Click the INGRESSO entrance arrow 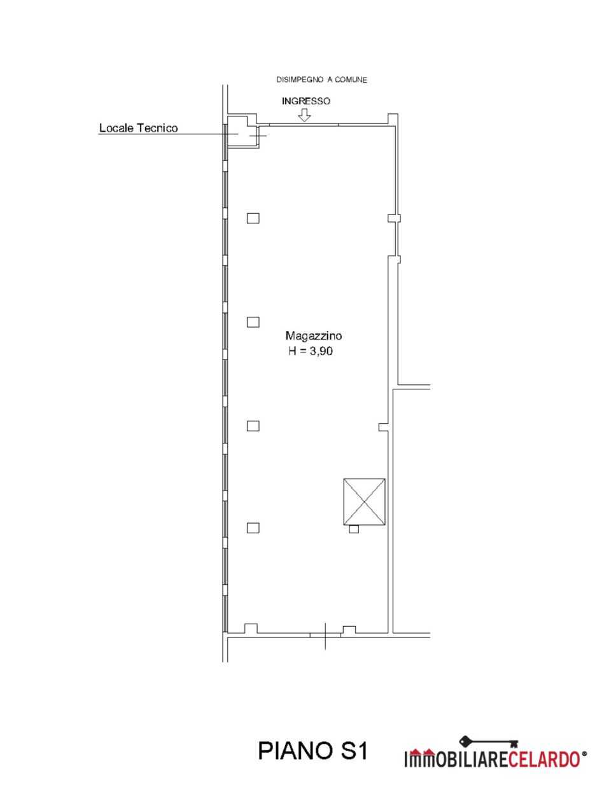tap(304, 115)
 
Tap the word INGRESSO tap(306, 101)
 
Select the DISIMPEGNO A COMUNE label tap(322, 80)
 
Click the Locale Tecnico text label tap(138, 128)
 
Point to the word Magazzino tap(314, 336)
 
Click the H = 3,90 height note tap(311, 351)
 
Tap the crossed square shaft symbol tap(364, 502)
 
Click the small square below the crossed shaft tap(354, 529)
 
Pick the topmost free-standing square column tap(253, 218)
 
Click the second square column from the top tap(253, 322)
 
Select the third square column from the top tap(253, 426)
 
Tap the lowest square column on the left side tap(253, 528)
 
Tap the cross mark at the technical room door tap(258, 136)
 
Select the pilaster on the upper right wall tap(395, 218)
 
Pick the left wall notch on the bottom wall tap(251, 628)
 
